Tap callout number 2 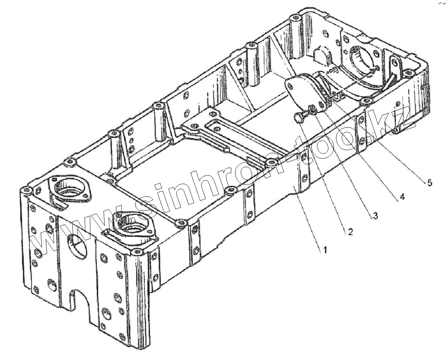pyautogui.click(x=350, y=232)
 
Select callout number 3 pyautogui.click(x=375, y=215)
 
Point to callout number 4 pyautogui.click(x=402, y=197)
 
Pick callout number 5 pyautogui.click(x=429, y=182)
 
